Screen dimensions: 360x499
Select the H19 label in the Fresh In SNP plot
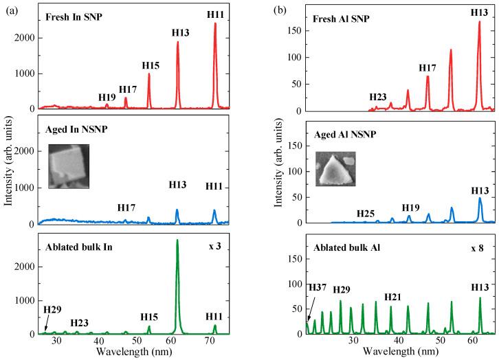pyautogui.click(x=106, y=97)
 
